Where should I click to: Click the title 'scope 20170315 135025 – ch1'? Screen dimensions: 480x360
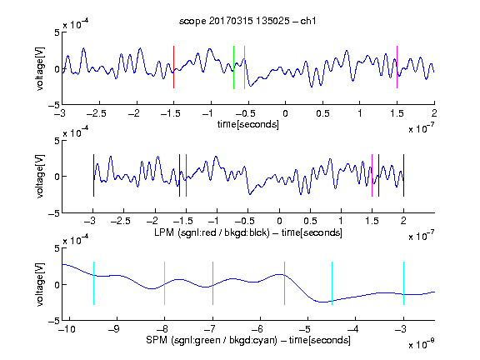pyautogui.click(x=247, y=21)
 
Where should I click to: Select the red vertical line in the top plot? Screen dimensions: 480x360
pyautogui.click(x=173, y=67)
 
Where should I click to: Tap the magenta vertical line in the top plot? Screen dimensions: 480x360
pyautogui.click(x=397, y=67)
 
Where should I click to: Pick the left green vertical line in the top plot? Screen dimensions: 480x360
pyautogui.click(x=233, y=67)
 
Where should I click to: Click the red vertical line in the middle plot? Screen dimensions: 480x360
pyautogui.click(x=186, y=175)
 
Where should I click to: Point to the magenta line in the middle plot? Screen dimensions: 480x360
pyautogui.click(x=372, y=175)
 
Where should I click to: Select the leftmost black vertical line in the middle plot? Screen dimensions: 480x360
pyautogui.click(x=93, y=175)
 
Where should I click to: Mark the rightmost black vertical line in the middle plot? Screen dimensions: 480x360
pyautogui.click(x=403, y=175)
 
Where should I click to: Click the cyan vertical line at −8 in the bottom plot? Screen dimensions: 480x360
pyautogui.click(x=164, y=283)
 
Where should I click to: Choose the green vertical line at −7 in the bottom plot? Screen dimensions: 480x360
pyautogui.click(x=212, y=283)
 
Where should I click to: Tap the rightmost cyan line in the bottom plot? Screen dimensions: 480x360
pyautogui.click(x=403, y=283)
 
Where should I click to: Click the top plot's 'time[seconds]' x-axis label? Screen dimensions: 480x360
pyautogui.click(x=248, y=124)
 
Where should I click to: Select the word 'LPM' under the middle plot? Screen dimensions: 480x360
pyautogui.click(x=164, y=232)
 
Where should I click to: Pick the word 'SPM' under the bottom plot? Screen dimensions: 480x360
pyautogui.click(x=157, y=340)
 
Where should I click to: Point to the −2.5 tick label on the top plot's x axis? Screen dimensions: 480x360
pyautogui.click(x=96, y=113)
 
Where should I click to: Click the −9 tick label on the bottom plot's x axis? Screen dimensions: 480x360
pyautogui.click(x=114, y=329)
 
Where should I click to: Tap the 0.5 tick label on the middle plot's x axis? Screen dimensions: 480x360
pyautogui.click(x=310, y=221)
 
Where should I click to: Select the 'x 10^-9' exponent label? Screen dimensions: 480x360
pyautogui.click(x=422, y=344)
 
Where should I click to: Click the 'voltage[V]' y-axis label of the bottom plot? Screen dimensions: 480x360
pyautogui.click(x=40, y=284)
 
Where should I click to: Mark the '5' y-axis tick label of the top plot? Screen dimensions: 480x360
pyautogui.click(x=57, y=32)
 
